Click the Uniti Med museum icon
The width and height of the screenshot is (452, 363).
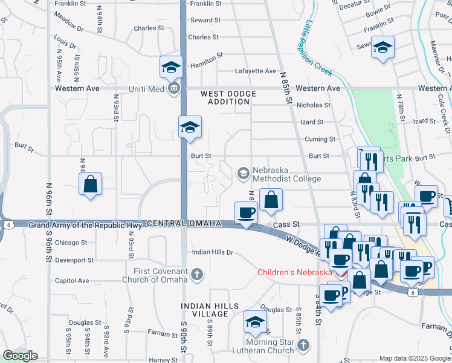[174, 89]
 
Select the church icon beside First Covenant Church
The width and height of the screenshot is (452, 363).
[196, 276]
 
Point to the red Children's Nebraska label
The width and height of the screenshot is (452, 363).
[295, 272]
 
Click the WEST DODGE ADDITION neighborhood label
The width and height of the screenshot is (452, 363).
[228, 97]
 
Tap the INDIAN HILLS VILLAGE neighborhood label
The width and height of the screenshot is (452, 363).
[210, 310]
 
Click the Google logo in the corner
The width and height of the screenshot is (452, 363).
[19, 356]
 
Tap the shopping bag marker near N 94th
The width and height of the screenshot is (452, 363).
[90, 185]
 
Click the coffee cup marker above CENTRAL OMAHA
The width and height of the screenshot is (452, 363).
[247, 213]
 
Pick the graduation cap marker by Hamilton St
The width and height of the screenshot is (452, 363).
[171, 67]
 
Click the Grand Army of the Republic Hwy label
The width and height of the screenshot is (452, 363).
[86, 225]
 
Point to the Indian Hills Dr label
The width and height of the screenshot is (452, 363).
[212, 252]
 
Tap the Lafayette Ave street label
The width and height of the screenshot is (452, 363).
[256, 71]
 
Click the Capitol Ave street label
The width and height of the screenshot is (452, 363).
[72, 281]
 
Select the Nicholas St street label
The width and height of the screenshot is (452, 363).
[313, 105]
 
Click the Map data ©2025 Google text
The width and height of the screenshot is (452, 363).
[414, 358]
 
